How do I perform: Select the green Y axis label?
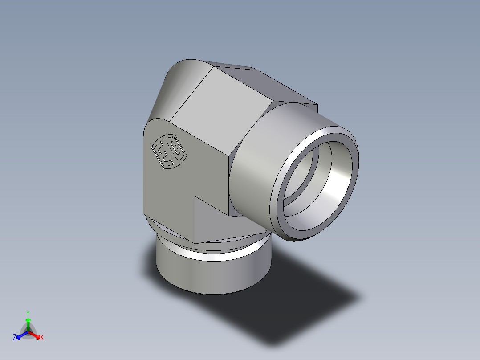pos(28,313)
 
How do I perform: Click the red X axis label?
pos(41,338)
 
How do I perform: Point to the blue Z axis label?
pos(15,338)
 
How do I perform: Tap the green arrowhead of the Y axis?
pos(28,320)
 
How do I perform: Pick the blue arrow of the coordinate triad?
pos(21,335)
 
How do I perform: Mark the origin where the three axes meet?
pos(28,331)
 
